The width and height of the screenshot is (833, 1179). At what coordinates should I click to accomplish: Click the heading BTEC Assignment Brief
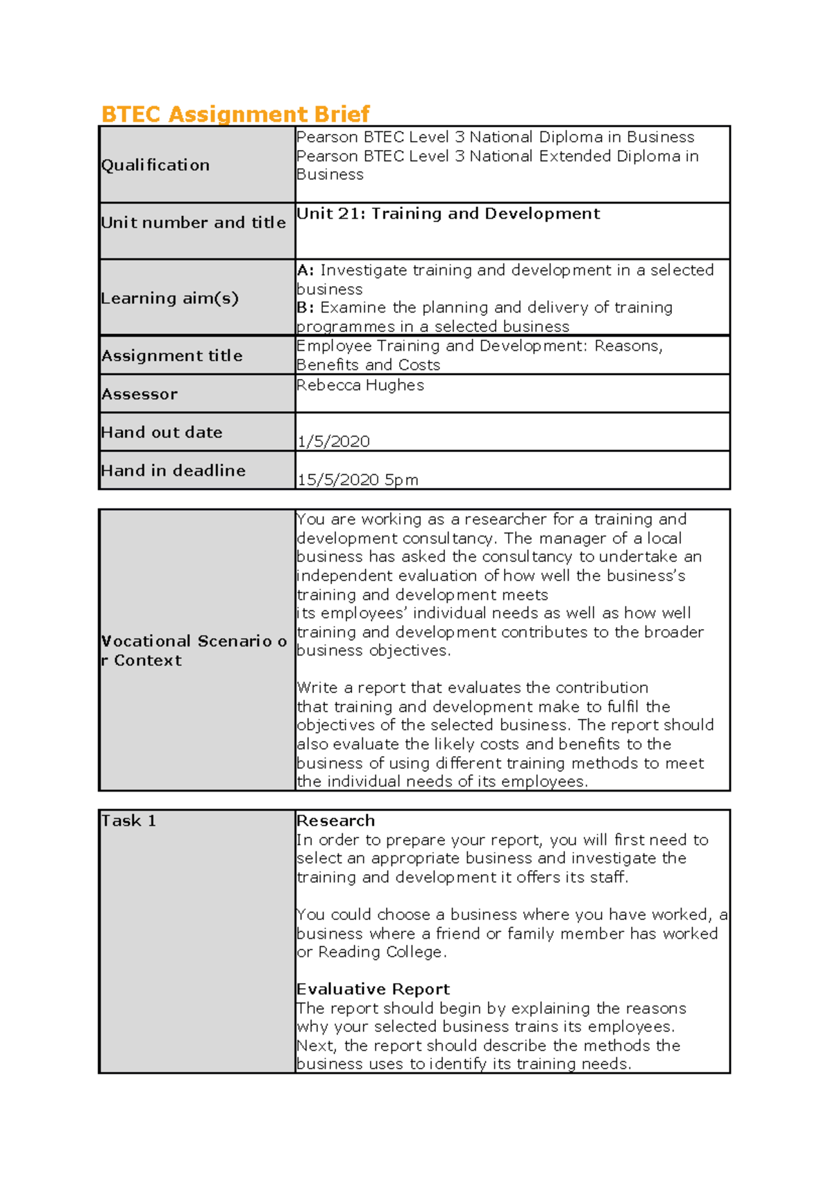point(235,114)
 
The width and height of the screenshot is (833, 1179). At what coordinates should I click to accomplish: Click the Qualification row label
point(155,165)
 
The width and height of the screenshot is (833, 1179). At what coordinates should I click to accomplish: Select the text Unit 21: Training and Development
point(448,214)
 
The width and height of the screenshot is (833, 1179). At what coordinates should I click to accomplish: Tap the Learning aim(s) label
point(169,299)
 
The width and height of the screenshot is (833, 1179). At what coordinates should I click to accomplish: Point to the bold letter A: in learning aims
point(305,270)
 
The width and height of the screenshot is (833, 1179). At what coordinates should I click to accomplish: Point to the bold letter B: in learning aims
point(305,308)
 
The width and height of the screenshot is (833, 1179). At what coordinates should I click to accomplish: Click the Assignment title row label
point(172,356)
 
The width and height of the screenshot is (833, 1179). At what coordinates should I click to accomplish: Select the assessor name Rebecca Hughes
point(360,385)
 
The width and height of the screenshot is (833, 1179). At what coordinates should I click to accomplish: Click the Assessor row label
point(140,394)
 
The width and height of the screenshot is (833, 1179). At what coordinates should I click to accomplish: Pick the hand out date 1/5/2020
point(333,442)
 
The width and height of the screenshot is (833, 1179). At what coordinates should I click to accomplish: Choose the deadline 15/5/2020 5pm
point(357,480)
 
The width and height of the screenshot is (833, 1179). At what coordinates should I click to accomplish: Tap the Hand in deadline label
point(173,471)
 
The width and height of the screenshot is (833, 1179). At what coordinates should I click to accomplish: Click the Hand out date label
point(162,433)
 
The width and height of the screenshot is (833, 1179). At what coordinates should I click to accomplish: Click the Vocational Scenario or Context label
point(194,651)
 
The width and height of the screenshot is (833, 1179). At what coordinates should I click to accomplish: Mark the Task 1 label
point(128,821)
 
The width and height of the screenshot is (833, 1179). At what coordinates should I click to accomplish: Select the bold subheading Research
point(335,821)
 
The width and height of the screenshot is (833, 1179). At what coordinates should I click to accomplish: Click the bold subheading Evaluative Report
point(373,989)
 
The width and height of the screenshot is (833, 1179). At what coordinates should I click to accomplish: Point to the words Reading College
point(380,952)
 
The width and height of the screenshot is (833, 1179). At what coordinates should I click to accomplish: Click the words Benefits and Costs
point(368,365)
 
